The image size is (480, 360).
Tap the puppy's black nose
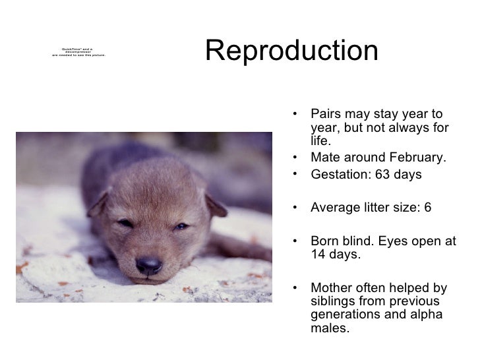[149, 265]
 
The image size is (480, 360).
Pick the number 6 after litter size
[428, 207]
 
